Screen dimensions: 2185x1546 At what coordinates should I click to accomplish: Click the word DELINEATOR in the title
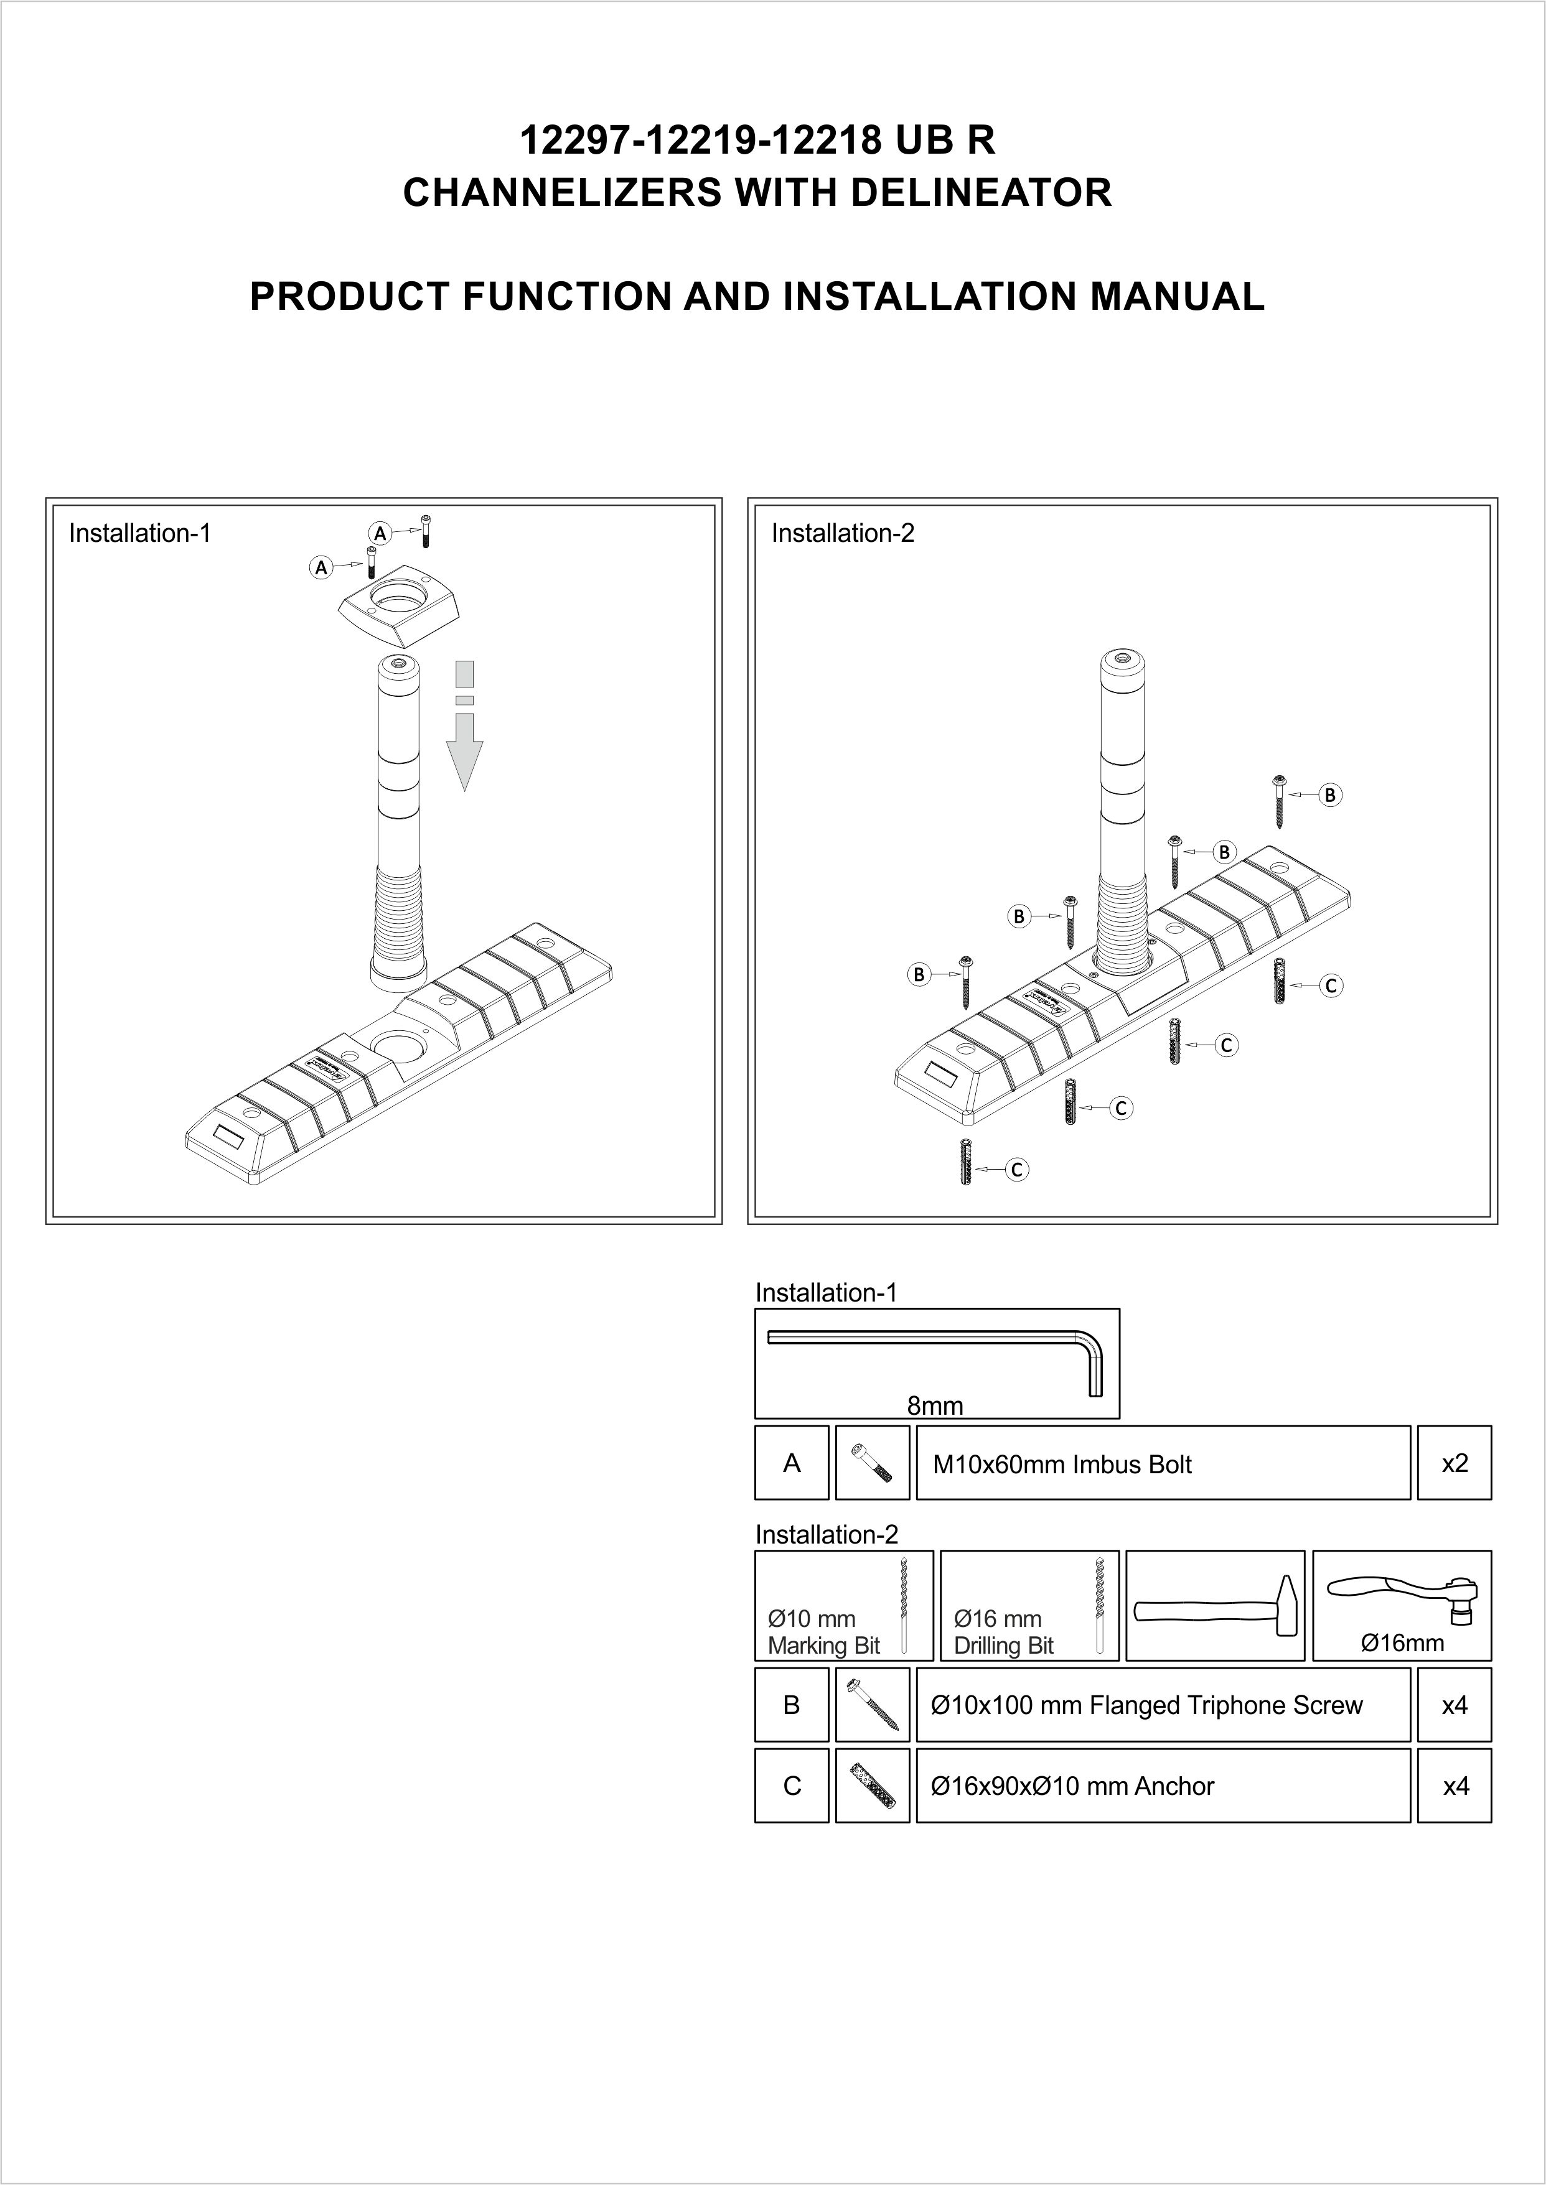coord(980,193)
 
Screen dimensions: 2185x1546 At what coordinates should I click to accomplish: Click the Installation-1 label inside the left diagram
coord(139,533)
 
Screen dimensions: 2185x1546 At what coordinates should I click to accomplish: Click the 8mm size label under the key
coord(935,1405)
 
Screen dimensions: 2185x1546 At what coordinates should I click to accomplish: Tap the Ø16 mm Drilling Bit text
coord(1003,1632)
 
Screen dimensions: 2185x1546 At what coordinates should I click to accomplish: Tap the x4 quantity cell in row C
coord(1455,1786)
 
